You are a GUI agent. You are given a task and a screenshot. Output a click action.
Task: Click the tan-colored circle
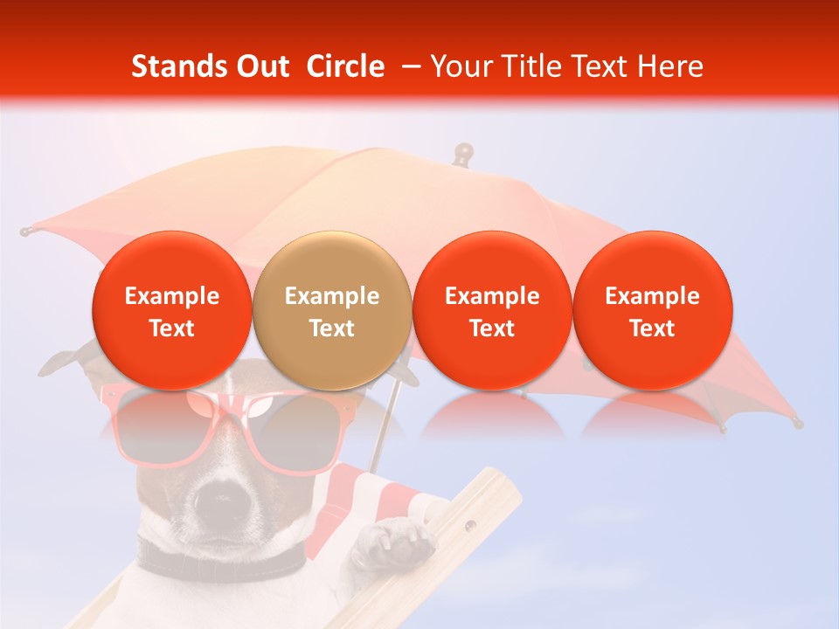(x=331, y=309)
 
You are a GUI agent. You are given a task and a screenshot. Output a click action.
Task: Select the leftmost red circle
(x=171, y=309)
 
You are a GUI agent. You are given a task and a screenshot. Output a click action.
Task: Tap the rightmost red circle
(x=652, y=309)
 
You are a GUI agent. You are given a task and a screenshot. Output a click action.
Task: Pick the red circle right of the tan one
(x=492, y=309)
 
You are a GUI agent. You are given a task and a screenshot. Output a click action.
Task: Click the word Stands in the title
(x=177, y=66)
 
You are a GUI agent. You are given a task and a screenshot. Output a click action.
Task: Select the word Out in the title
(x=261, y=66)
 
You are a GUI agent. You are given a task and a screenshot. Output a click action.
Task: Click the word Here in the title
(x=670, y=66)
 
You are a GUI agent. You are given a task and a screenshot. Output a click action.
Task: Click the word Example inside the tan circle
(x=331, y=296)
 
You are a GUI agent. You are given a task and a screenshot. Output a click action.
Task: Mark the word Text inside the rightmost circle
(x=652, y=328)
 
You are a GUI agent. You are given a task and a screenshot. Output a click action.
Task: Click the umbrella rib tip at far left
(x=26, y=232)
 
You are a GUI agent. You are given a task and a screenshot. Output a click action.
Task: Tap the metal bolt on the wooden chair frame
(x=472, y=527)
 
